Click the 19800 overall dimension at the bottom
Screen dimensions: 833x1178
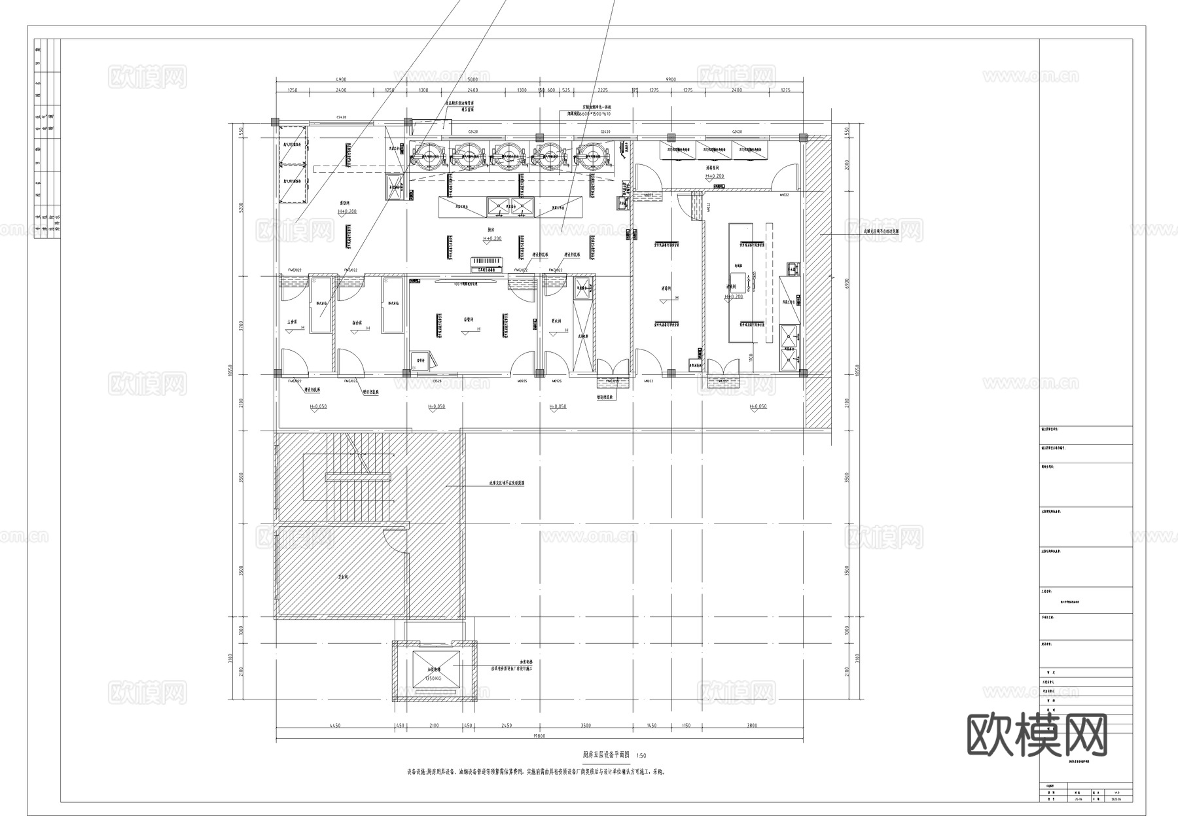tap(539, 736)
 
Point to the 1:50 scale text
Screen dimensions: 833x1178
tap(641, 755)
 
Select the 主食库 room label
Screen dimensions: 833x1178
tap(293, 323)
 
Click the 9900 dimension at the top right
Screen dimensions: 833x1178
tap(670, 79)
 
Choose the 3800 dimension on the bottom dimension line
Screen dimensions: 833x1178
tap(752, 726)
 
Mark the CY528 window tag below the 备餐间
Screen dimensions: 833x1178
tap(437, 381)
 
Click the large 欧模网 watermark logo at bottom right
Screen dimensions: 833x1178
tap(1037, 735)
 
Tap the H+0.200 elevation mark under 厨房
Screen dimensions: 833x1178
tap(492, 239)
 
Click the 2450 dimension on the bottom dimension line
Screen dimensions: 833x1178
tap(506, 726)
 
